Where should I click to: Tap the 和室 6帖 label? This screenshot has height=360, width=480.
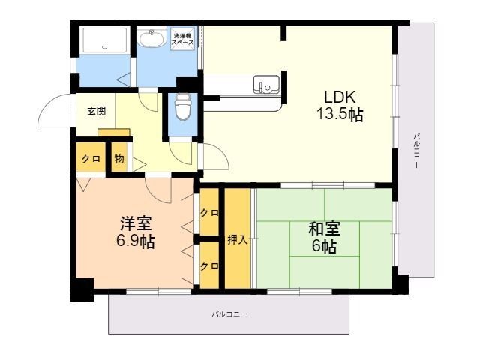pyautogui.click(x=322, y=236)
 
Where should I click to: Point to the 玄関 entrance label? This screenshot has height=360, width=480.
pyautogui.click(x=96, y=111)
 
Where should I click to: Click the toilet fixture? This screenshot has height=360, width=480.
pyautogui.click(x=181, y=108)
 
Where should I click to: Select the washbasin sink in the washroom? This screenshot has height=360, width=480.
pyautogui.click(x=155, y=38)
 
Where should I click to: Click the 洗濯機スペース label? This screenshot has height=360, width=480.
pyautogui.click(x=184, y=39)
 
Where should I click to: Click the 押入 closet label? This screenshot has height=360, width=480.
pyautogui.click(x=238, y=239)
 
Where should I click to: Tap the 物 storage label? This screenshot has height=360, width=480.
pyautogui.click(x=118, y=158)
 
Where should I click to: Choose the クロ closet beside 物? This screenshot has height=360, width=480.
pyautogui.click(x=91, y=158)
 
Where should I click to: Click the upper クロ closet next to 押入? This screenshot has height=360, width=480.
pyautogui.click(x=209, y=214)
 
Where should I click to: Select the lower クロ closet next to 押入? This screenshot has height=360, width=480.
pyautogui.click(x=209, y=265)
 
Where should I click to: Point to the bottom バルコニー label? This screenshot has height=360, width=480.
pyautogui.click(x=229, y=313)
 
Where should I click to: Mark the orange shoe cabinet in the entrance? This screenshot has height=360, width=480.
pyautogui.click(x=115, y=133)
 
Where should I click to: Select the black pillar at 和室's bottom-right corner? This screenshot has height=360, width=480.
pyautogui.click(x=401, y=283)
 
